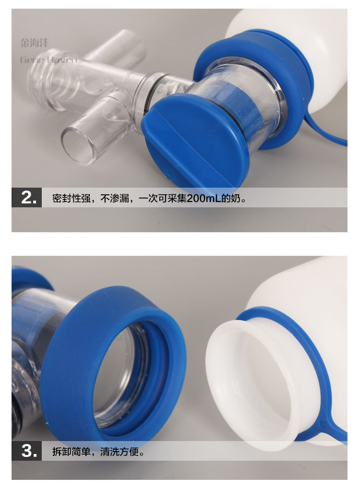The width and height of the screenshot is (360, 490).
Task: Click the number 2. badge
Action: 26,197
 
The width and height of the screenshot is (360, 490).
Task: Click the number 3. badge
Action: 26,451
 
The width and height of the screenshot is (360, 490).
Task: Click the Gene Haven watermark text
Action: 48,60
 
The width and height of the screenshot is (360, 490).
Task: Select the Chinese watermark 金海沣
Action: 35,43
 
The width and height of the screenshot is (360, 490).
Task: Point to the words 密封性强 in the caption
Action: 72,198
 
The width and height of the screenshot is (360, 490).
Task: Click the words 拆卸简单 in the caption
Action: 72,452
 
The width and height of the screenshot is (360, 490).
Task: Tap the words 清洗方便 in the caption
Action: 120,452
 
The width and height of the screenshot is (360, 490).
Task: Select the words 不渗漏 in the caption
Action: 115,198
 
